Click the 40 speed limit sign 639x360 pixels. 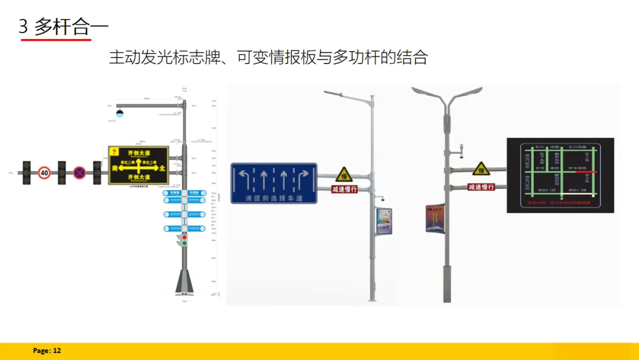(x=44, y=172)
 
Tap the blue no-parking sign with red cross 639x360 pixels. (x=79, y=172)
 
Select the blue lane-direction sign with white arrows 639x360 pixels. (x=273, y=183)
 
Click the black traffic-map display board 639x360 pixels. (x=560, y=175)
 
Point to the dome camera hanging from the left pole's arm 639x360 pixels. (x=120, y=112)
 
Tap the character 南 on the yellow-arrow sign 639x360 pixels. (x=115, y=169)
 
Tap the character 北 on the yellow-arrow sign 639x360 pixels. (x=163, y=169)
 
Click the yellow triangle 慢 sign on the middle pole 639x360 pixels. (x=344, y=175)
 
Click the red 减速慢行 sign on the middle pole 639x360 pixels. (x=344, y=189)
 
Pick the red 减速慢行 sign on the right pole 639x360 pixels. (x=481, y=187)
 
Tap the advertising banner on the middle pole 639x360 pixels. (x=383, y=221)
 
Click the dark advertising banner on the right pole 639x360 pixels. (x=435, y=217)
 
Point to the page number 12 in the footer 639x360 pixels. (x=57, y=351)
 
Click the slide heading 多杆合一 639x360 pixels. (x=71, y=27)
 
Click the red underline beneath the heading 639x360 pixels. (x=56, y=39)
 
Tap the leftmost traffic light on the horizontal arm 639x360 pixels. (x=26, y=172)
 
